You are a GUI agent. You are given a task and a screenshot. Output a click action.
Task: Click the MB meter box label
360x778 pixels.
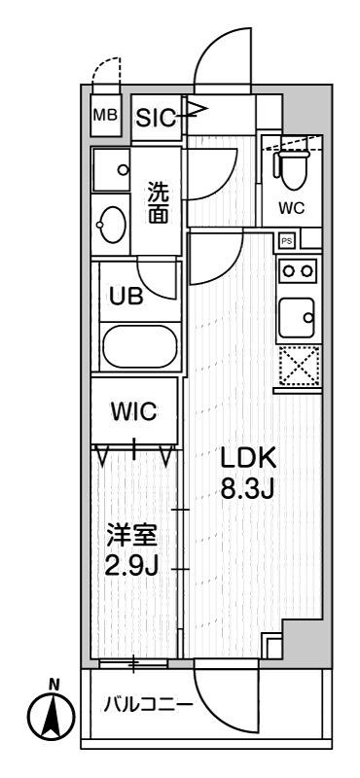(x=104, y=116)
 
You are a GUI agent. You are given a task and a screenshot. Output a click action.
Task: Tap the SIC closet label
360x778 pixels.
(x=156, y=119)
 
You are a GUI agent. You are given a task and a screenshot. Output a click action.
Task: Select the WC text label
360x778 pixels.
(x=291, y=206)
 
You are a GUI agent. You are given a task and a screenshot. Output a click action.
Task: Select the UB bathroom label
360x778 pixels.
(x=129, y=298)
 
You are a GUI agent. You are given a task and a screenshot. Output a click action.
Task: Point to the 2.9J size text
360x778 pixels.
(x=130, y=566)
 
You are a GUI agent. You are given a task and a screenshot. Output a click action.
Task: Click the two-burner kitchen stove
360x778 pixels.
(x=298, y=270)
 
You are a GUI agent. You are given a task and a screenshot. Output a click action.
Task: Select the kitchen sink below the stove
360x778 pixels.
(x=298, y=315)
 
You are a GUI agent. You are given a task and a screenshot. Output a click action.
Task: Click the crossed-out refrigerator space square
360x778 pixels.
(x=299, y=368)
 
